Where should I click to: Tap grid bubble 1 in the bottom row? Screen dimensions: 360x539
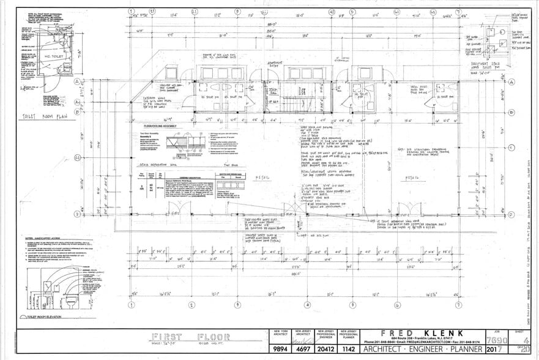point(130,304)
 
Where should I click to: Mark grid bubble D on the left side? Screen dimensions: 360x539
point(78,214)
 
